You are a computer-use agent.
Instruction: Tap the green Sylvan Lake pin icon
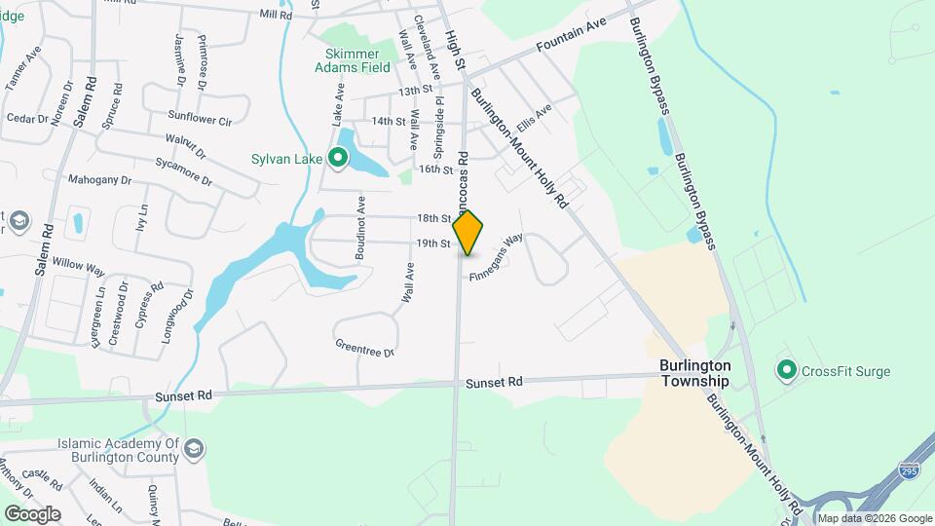click(338, 157)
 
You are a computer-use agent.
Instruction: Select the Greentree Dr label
click(364, 348)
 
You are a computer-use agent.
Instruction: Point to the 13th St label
click(414, 90)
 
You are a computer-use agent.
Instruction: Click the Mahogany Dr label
click(99, 180)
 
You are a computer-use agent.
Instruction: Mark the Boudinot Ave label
click(360, 230)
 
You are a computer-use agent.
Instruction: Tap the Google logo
click(31, 513)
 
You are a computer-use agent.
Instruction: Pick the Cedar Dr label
click(27, 119)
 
